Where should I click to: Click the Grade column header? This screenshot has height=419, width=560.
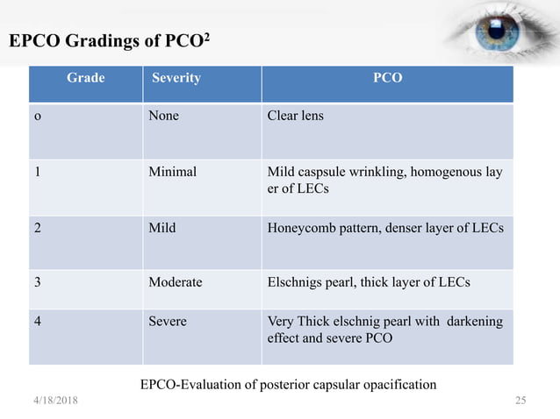(x=85, y=78)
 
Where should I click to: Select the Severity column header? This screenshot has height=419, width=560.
(x=176, y=78)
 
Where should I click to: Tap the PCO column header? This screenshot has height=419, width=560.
(x=387, y=78)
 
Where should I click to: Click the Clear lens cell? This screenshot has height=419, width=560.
(x=295, y=116)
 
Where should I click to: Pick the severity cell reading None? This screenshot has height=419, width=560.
(x=163, y=116)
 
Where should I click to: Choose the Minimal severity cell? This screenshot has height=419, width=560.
(x=172, y=172)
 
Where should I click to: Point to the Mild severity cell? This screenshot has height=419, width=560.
(x=162, y=227)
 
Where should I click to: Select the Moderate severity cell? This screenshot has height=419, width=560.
(x=176, y=282)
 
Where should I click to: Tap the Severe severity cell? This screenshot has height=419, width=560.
(x=168, y=321)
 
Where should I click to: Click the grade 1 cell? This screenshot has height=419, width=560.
(x=38, y=172)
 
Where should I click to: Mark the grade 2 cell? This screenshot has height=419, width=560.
(x=38, y=227)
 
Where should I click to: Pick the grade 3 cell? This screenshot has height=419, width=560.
(x=38, y=282)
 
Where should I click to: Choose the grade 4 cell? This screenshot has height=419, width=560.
(x=38, y=321)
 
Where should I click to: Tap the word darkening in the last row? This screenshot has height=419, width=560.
(x=474, y=321)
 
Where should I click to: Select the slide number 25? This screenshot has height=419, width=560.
(x=520, y=401)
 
